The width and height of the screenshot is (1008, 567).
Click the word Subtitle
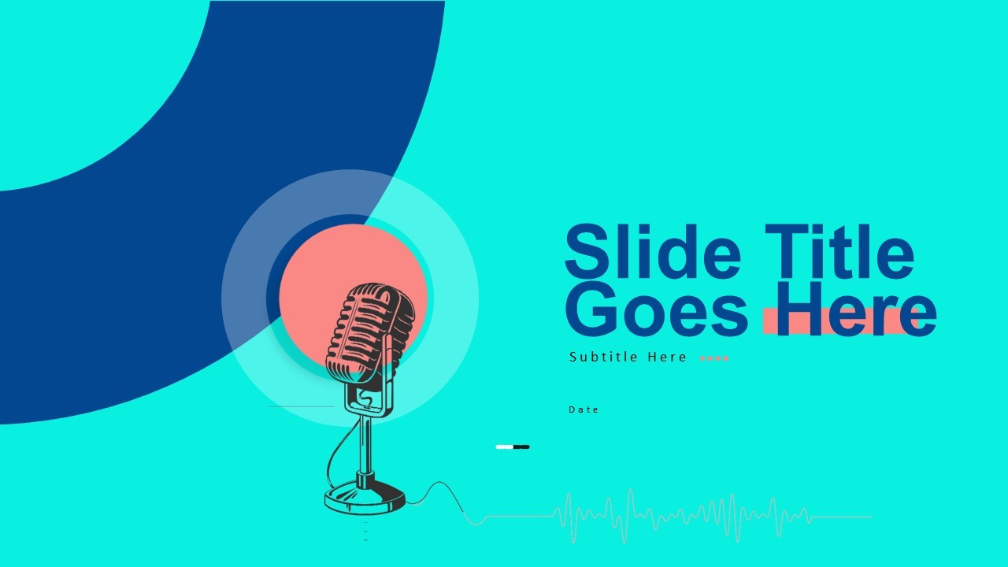604,358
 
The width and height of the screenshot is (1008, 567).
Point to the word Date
584,409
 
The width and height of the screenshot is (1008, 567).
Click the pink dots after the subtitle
714,358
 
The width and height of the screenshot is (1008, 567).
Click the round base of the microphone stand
365,498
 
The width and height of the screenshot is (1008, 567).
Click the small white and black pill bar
512,447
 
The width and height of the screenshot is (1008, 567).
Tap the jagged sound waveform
677,517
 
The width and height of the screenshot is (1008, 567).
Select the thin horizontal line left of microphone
301,406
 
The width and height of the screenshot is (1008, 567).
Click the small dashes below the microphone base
365,531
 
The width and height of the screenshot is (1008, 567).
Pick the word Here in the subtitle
667,358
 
